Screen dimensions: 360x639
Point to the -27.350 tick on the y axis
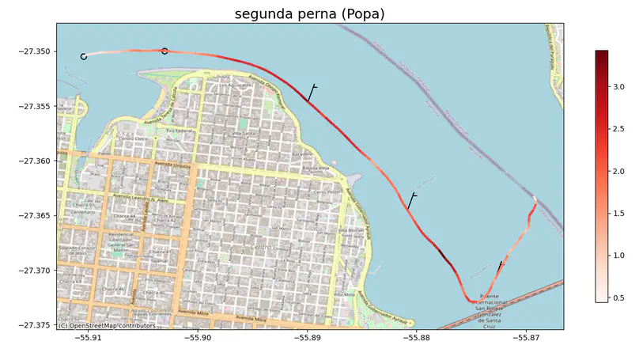36,52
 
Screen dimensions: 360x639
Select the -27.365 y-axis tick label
36,216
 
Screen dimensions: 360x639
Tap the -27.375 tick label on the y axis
36,325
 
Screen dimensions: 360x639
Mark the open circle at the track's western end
84,56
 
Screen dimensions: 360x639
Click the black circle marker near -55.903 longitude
164,51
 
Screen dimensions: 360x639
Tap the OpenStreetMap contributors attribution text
106,325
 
